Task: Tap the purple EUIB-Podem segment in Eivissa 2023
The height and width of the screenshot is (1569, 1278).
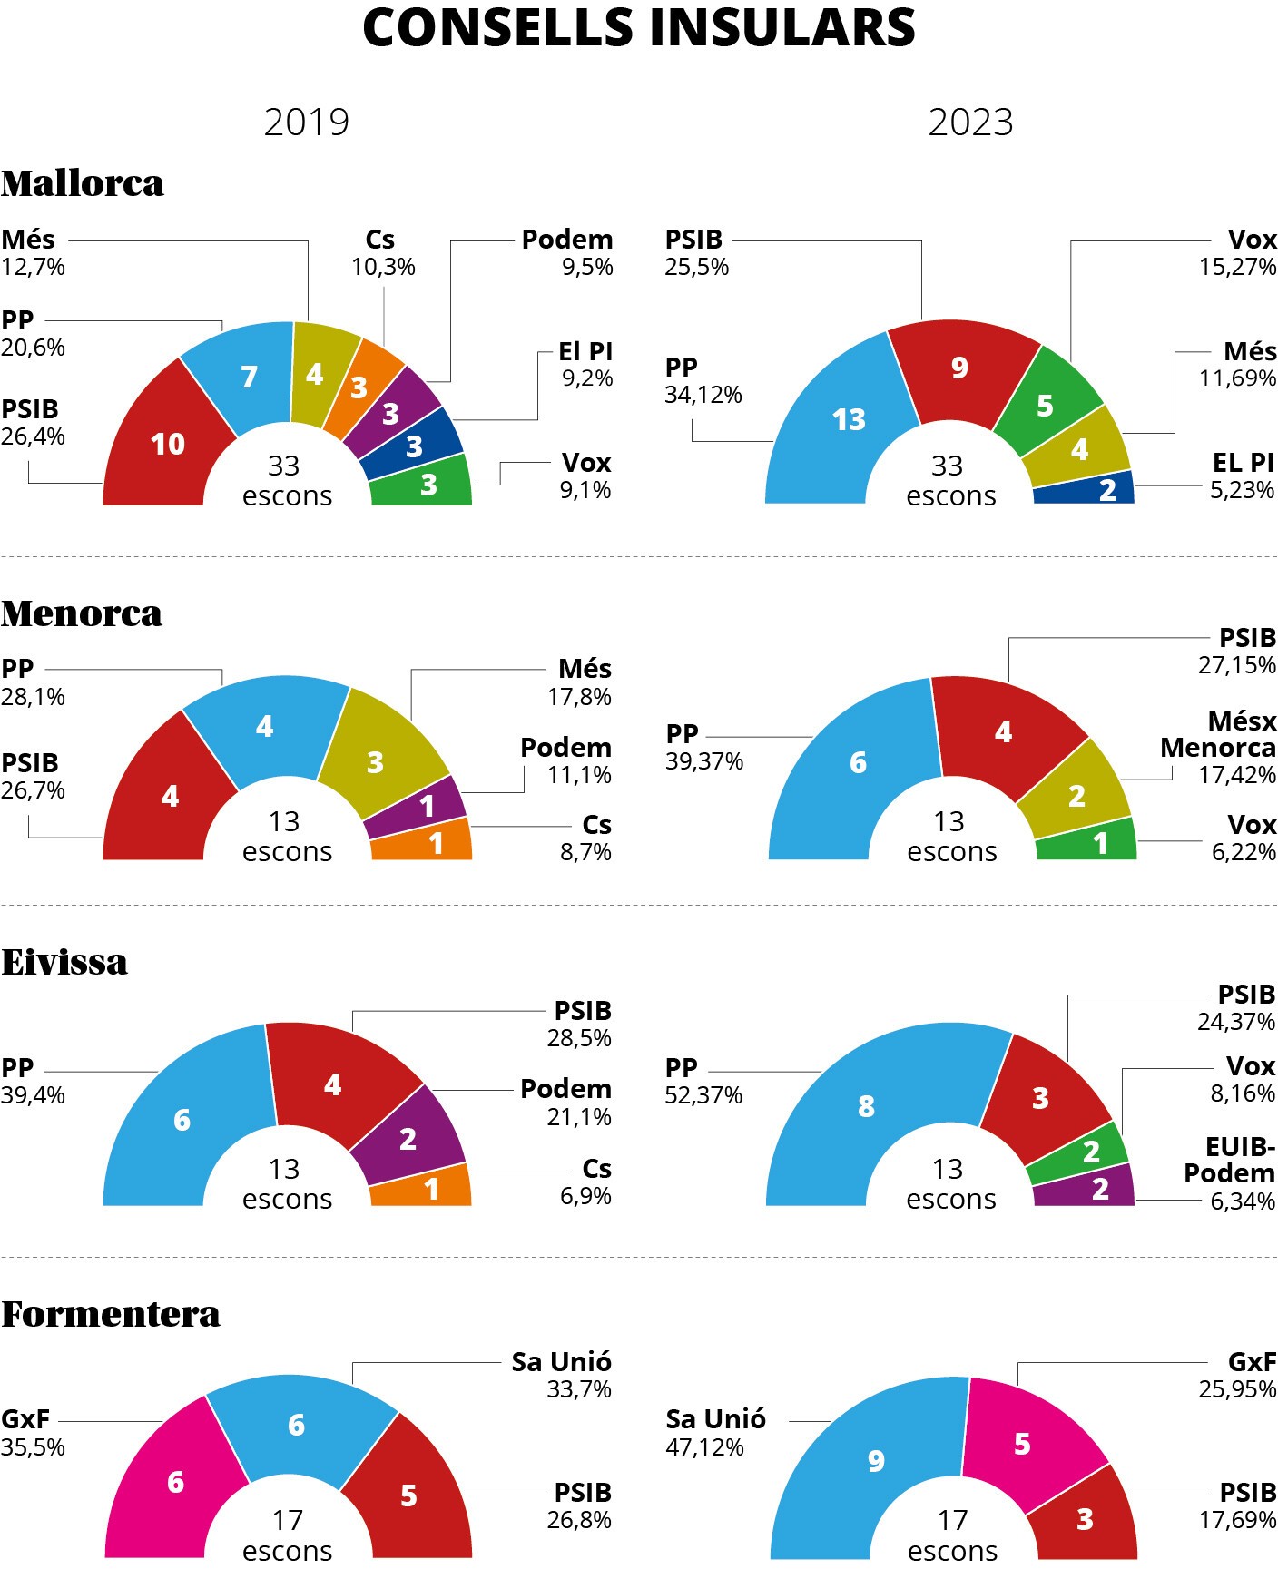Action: pos(1086,1187)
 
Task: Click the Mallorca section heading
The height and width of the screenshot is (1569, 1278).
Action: pos(83,183)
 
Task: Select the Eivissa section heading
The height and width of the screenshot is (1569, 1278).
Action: pos(64,962)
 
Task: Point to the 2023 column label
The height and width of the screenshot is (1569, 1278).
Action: pos(970,123)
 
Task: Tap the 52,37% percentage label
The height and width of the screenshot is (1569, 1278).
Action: pos(703,1095)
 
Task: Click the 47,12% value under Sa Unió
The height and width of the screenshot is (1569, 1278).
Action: pos(704,1447)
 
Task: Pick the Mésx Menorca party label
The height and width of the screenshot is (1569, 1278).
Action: pos(1218,734)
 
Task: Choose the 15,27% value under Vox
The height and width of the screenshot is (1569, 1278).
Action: pos(1237,267)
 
